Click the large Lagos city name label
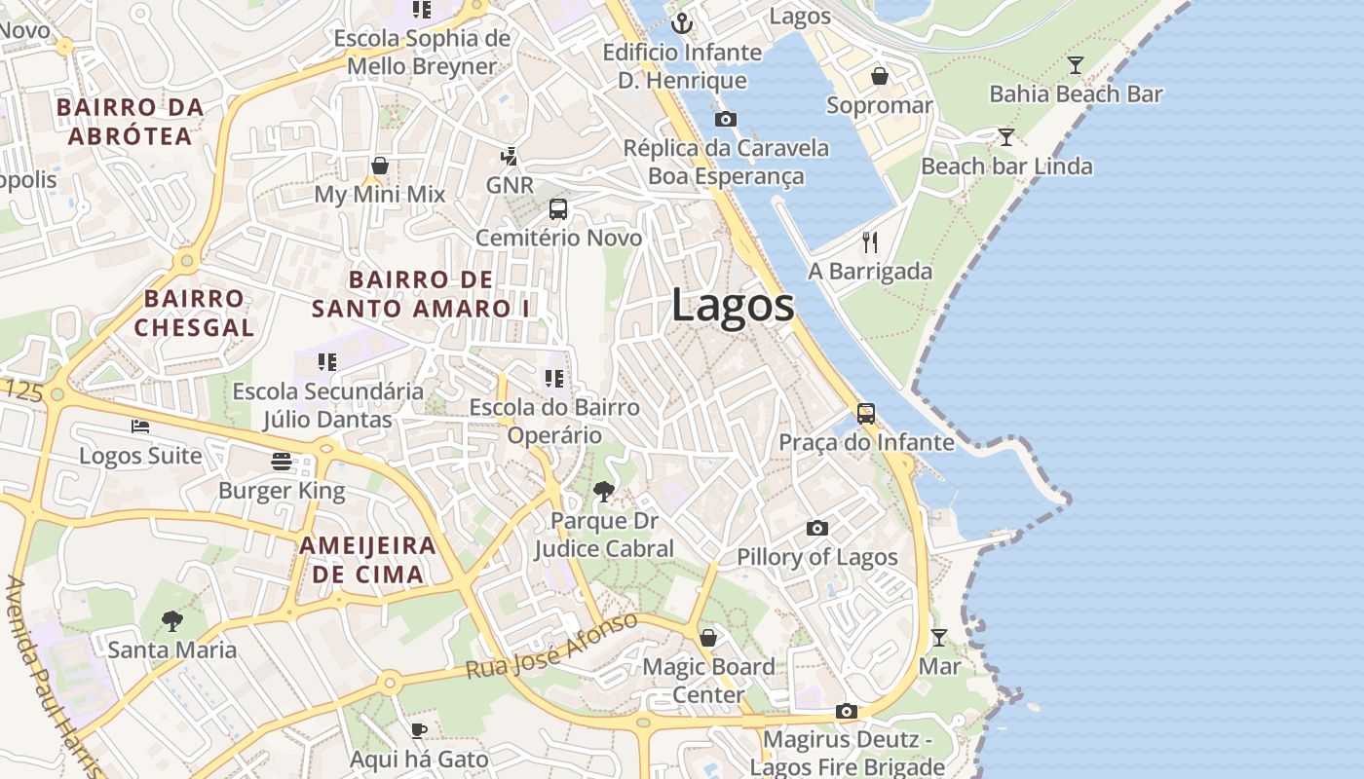pos(733,306)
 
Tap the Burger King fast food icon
pos(282,461)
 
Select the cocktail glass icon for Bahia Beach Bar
pos(1076,65)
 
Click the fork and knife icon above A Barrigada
pos(870,242)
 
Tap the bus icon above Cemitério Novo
pos(558,208)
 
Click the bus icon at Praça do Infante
pos(866,414)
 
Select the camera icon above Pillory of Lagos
pos(817,529)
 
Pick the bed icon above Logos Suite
pos(140,427)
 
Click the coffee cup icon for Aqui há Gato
pos(419,730)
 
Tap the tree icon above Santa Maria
pos(172,620)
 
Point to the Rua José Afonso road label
pos(551,648)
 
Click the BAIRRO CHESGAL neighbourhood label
pos(194,313)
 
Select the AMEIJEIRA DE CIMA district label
pos(368,560)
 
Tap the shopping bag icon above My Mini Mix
pos(380,166)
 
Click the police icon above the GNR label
pos(509,156)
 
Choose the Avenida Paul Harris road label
pos(53,677)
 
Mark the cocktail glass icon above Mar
pos(938,638)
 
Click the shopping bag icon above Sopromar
pos(880,76)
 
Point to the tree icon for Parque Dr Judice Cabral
pos(604,492)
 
